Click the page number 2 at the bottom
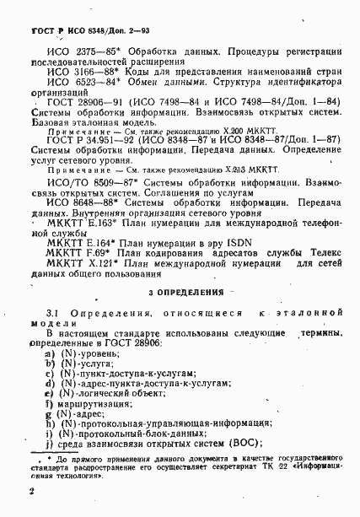click(x=30, y=491)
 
